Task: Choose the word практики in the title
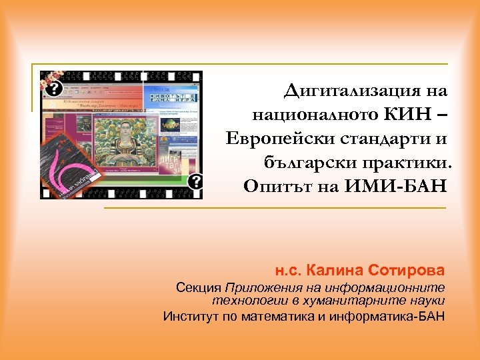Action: click(411, 163)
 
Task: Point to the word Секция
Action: click(198, 288)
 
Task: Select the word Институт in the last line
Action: click(189, 315)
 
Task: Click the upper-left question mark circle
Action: click(54, 89)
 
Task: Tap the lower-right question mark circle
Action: click(195, 181)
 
